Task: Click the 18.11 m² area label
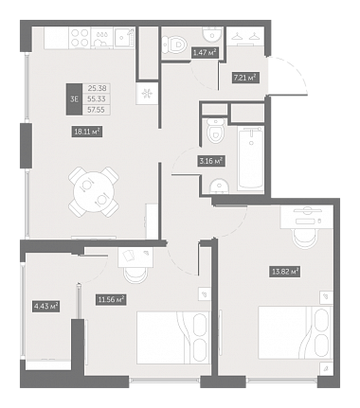coord(87,132)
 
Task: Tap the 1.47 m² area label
coord(206,52)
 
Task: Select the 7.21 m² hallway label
coord(245,78)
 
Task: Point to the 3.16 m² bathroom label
coord(211,161)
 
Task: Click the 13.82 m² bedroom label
coord(285,272)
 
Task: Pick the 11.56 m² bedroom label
coord(111,299)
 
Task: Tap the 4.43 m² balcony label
coord(46,306)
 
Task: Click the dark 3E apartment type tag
coord(74,99)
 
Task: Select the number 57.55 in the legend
coord(97,110)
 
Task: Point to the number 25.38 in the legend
coord(97,88)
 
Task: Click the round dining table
coord(94,192)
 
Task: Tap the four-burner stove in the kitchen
coord(80,38)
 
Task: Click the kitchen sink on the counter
coord(124,38)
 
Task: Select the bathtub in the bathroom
coord(251,158)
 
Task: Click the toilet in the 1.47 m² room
coord(173,44)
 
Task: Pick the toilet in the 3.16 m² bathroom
coord(215,132)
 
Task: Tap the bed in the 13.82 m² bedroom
coord(296,332)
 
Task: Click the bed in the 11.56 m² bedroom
coord(173,338)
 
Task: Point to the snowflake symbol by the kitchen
coord(147,94)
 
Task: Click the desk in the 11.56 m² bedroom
coord(135,257)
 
